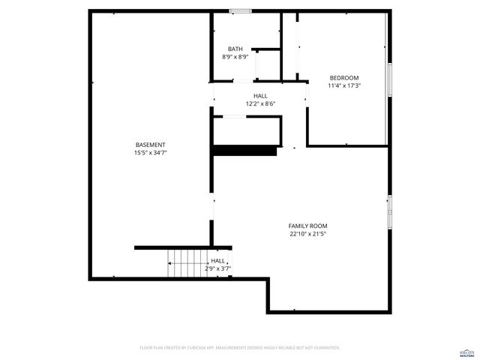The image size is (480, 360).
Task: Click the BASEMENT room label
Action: click(150, 145)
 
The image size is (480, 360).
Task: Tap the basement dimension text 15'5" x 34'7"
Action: click(150, 153)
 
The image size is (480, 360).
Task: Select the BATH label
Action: click(235, 49)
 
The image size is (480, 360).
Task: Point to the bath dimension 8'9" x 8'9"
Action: click(235, 57)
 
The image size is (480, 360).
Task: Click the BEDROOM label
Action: click(344, 78)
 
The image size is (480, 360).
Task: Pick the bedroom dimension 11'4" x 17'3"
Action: click(344, 85)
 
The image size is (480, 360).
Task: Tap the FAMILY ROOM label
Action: click(307, 226)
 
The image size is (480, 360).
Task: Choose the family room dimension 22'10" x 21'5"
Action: click(307, 234)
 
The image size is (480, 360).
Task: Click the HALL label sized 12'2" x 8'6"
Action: click(260, 96)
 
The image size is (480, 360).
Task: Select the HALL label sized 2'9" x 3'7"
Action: click(218, 260)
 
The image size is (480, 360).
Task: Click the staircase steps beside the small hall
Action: click(188, 263)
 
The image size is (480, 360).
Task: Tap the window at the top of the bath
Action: click(240, 10)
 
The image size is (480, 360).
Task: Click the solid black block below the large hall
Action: click(244, 151)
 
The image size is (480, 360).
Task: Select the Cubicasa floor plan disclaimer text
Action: click(240, 348)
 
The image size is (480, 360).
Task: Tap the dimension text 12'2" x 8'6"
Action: click(260, 103)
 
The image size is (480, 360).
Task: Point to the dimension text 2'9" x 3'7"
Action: click(218, 268)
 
